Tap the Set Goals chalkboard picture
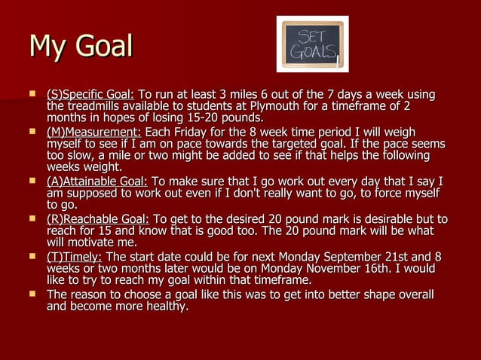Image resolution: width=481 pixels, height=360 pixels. click(312, 44)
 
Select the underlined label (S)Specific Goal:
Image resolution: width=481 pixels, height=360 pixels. click(90, 95)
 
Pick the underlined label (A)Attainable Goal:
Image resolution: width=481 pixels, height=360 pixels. click(97, 182)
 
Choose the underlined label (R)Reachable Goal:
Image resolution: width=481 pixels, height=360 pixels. click(98, 219)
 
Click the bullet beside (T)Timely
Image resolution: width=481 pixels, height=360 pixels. click(32, 257)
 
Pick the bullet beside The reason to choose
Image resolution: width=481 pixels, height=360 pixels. click(32, 294)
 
